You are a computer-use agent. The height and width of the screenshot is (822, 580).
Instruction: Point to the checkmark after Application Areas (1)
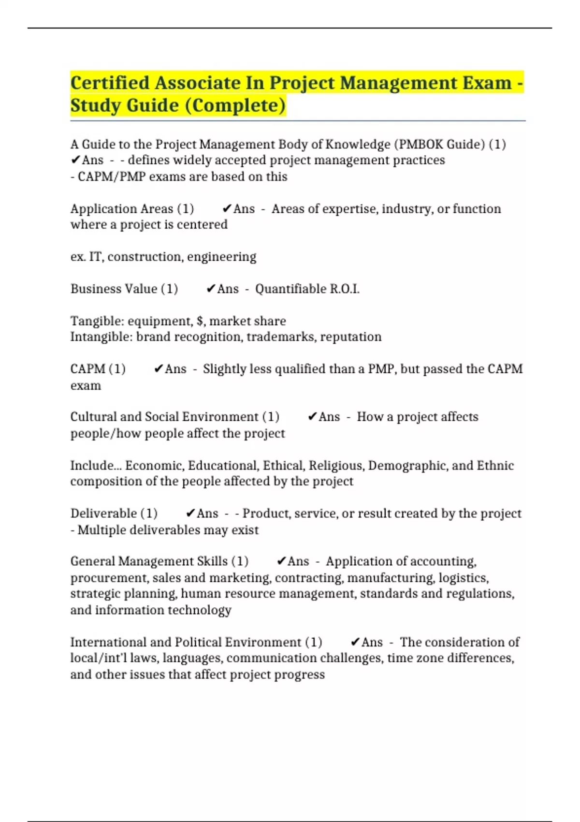click(227, 209)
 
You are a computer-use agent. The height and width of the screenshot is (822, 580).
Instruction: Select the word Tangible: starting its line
click(97, 321)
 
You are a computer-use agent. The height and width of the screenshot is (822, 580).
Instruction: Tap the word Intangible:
click(101, 337)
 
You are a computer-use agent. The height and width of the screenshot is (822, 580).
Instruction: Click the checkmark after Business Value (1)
click(211, 289)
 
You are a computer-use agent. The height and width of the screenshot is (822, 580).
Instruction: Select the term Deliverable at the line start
click(103, 514)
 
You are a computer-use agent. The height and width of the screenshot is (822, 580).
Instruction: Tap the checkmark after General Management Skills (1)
click(281, 561)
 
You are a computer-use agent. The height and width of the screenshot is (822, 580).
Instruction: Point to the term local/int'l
click(99, 658)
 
